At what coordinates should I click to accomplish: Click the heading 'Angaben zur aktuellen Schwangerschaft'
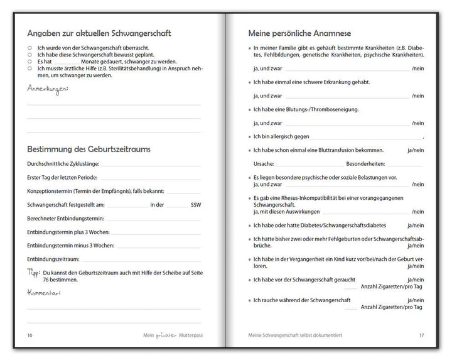coord(99,33)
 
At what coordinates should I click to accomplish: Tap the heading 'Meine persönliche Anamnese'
coord(299,33)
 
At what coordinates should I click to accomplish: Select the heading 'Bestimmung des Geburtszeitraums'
coord(89,150)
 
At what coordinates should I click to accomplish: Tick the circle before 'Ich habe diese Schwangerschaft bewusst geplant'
coord(30,55)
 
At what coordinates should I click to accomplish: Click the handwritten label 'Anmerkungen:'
coord(48,89)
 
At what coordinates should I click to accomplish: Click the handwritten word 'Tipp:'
coord(33,273)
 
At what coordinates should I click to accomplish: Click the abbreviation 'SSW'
coord(196,205)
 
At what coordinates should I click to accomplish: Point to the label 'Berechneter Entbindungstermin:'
coord(65,219)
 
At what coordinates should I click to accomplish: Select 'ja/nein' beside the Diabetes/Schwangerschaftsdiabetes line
coord(415,225)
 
